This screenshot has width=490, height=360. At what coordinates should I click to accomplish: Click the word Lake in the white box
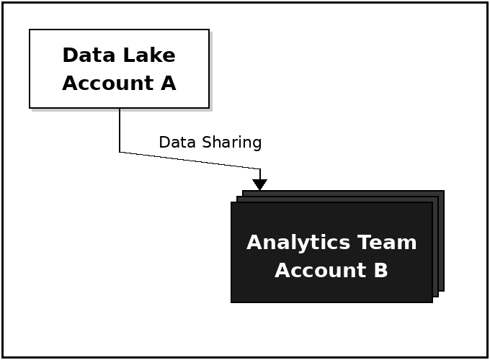tap(146, 55)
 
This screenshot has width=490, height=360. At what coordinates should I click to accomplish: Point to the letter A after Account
tap(168, 84)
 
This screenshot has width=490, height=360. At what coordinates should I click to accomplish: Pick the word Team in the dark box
tap(389, 243)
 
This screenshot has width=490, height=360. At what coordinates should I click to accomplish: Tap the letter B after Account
tap(381, 271)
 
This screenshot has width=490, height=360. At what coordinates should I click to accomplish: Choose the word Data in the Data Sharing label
tap(174, 143)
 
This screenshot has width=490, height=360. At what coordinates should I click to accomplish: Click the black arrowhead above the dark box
tap(260, 184)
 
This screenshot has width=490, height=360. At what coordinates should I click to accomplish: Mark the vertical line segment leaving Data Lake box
tap(120, 130)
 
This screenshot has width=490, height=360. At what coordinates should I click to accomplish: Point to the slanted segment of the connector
tap(190, 161)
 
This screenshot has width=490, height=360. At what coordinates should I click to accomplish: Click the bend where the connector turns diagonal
tap(120, 152)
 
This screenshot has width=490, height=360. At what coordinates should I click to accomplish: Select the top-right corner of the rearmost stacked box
tap(443, 192)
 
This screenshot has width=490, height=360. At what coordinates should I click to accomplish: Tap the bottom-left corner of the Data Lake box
tap(30, 107)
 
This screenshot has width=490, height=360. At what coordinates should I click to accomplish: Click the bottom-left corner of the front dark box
tap(232, 302)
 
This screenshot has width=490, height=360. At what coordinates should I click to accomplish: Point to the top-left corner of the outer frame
tap(3, 3)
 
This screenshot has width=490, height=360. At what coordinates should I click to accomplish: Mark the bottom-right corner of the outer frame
tap(487, 356)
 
